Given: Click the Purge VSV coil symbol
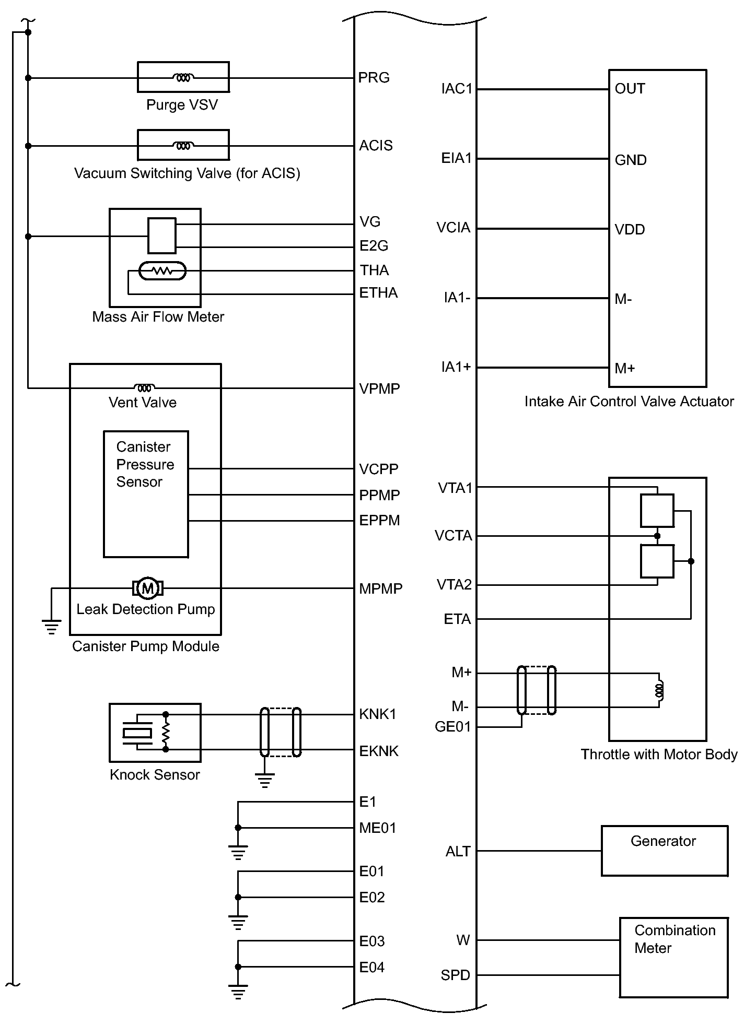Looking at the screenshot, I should click(183, 78).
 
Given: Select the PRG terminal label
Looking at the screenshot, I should click(374, 78).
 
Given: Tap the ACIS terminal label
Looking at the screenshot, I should click(376, 146).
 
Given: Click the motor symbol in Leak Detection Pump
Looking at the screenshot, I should click(148, 588).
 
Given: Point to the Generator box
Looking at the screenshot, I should click(664, 851).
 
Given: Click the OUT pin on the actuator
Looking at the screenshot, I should click(630, 89).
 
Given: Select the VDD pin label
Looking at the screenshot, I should click(630, 230).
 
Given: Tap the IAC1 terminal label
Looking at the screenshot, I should click(457, 89).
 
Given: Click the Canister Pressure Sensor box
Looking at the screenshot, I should click(146, 494).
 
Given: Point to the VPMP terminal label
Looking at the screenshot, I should click(379, 389).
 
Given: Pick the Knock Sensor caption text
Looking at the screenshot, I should click(155, 775).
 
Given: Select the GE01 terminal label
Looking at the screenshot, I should click(452, 727).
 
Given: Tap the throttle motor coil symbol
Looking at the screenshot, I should click(659, 690).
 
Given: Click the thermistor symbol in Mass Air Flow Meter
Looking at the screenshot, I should click(162, 271).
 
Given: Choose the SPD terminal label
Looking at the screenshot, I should click(455, 975).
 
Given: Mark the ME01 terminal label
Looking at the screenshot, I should click(377, 828).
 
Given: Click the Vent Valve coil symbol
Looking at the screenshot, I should click(145, 387).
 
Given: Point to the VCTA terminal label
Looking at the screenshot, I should click(453, 536).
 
